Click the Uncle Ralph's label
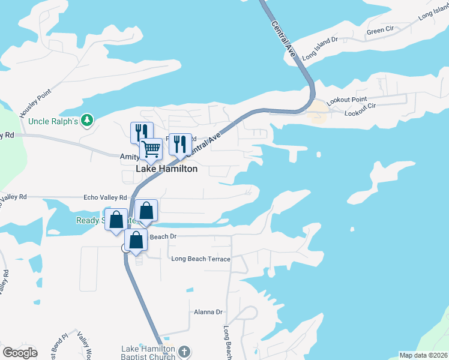click(x=53, y=121)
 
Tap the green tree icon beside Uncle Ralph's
click(x=88, y=121)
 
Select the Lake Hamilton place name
click(x=167, y=169)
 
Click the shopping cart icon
click(x=151, y=148)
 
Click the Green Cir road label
click(x=379, y=31)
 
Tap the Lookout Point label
click(x=347, y=100)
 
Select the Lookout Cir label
click(x=360, y=113)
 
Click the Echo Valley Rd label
click(x=106, y=197)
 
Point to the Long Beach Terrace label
click(x=200, y=259)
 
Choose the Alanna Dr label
click(x=208, y=312)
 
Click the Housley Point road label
click(x=36, y=103)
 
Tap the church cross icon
click(x=184, y=350)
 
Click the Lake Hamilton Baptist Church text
click(x=148, y=353)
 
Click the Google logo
click(x=20, y=353)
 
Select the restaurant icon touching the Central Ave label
click(x=180, y=144)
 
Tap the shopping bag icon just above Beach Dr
click(x=137, y=240)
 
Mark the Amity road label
click(x=128, y=155)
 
